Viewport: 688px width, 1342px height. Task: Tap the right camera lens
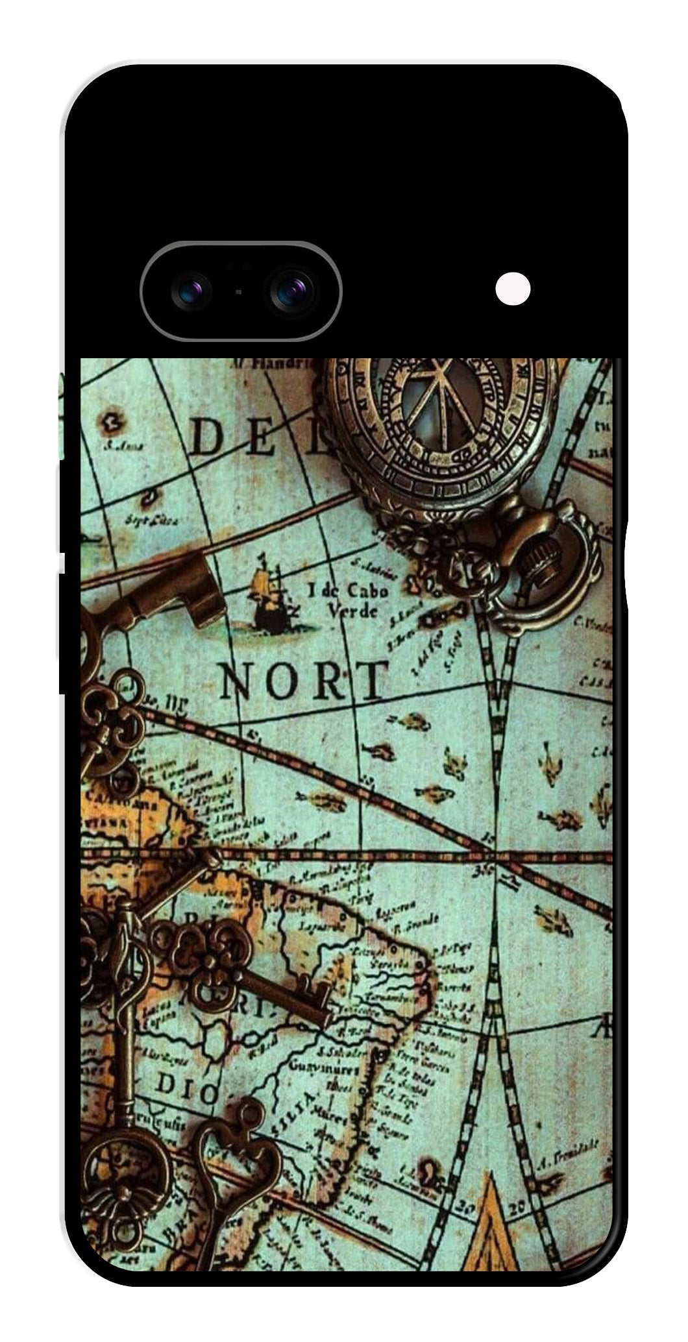pos(292,290)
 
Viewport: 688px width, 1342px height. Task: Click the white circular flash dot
pos(513,288)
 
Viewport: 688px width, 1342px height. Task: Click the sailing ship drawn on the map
pos(269,594)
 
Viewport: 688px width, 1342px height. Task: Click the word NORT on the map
pos(304,681)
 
